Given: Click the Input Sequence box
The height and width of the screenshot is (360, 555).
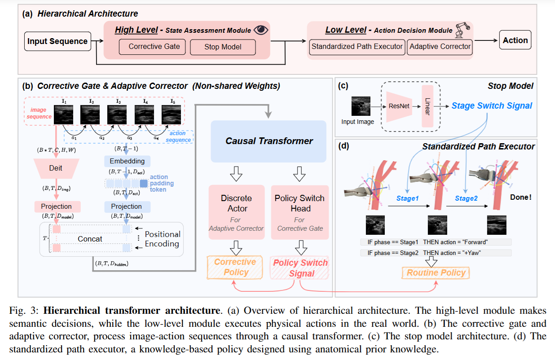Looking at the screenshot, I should click(57, 41).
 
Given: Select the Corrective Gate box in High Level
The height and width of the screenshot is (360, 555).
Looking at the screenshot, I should click(154, 47).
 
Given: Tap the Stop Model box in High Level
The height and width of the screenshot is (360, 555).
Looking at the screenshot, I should click(223, 47).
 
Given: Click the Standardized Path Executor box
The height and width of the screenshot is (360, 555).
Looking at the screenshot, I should click(357, 47).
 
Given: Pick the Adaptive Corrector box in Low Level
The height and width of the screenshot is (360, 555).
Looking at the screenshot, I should click(440, 47).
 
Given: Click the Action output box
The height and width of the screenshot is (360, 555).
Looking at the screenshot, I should click(515, 40).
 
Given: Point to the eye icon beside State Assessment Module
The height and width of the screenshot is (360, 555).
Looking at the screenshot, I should click(260, 30).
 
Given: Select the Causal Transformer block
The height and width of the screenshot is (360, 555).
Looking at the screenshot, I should click(269, 141).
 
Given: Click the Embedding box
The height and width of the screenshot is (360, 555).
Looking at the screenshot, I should click(127, 161).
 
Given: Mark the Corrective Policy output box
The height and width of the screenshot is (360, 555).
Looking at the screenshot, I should click(235, 268).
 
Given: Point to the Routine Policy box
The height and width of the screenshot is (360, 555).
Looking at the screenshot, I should click(436, 273).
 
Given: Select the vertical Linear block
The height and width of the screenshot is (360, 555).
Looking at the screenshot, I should click(427, 106).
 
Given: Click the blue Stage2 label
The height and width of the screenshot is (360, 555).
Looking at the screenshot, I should click(466, 198).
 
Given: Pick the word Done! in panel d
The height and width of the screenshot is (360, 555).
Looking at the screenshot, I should click(520, 197).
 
